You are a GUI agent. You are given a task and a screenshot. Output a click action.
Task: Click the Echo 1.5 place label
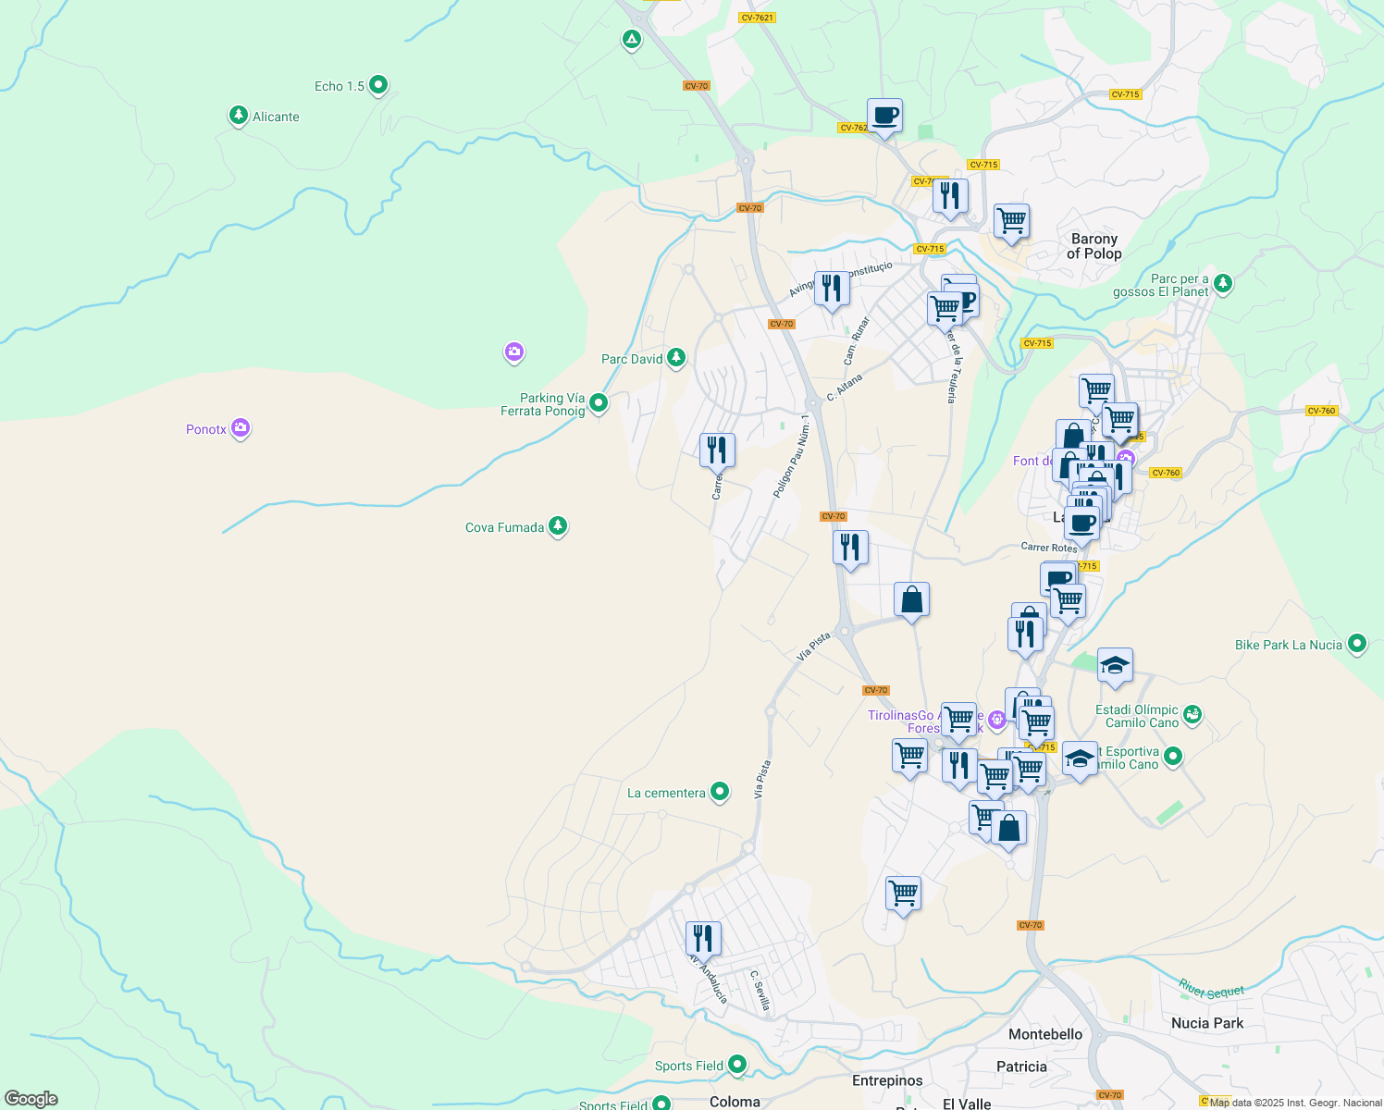coord(340,86)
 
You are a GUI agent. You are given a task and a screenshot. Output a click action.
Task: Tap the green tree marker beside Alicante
coord(239,116)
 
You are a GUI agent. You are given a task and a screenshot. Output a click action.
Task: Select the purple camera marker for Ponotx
coord(241,428)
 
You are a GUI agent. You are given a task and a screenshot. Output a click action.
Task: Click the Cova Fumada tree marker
coord(557,526)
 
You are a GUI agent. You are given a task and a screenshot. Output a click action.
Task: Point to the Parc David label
coord(632,359)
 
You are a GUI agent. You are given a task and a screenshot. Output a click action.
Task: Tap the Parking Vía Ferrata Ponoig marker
coord(599,402)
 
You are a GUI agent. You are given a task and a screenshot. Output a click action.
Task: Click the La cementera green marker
coord(719,792)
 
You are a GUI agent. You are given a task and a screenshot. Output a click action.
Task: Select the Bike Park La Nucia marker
coord(1356,644)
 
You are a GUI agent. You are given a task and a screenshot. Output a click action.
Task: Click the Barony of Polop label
coord(1094,246)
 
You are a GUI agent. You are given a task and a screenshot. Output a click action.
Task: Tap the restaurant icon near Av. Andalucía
coord(703,938)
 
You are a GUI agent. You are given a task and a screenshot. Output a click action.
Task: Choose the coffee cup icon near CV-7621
coord(884,116)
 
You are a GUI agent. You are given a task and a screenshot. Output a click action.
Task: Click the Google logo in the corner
coord(31,1098)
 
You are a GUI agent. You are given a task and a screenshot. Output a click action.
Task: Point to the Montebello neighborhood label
coord(1044,1034)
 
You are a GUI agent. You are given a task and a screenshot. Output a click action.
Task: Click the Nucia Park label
coord(1206,1023)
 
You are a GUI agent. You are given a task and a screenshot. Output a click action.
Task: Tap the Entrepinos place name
coord(886,1080)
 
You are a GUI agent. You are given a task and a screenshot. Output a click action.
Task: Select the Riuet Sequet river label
coord(1211,989)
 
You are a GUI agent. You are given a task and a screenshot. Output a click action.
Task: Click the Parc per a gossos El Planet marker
coord(1223,283)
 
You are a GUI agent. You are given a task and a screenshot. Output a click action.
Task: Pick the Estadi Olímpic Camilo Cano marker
coord(1192,714)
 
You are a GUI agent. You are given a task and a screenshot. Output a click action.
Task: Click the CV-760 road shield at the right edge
coord(1321,411)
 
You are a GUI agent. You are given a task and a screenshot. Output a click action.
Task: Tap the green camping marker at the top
coord(632,39)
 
